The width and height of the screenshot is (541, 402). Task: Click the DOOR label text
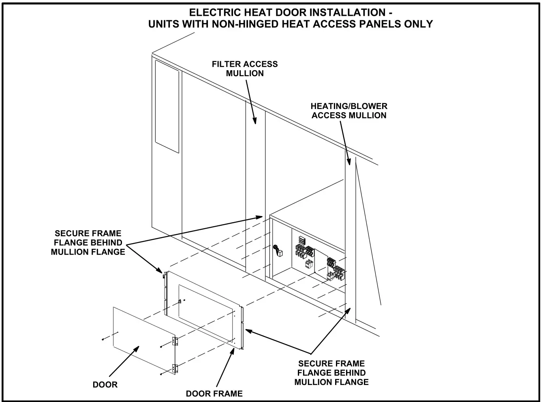pos(105,385)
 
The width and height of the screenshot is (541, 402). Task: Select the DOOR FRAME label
pos(214,393)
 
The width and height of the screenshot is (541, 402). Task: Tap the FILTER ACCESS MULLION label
pos(245,68)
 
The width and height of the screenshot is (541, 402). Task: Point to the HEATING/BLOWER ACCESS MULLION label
pos(349,111)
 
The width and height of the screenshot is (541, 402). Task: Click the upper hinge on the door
pos(175,341)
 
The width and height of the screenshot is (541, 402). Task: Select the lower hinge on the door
pos(175,368)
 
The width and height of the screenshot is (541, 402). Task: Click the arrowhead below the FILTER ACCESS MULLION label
pos(255,120)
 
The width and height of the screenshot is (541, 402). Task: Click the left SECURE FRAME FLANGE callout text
pos(88,243)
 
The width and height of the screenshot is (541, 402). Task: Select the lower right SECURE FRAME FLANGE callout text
pos(331,373)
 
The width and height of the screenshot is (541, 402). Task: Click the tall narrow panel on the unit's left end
pos(167,107)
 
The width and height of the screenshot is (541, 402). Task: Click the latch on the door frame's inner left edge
pos(180,301)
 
